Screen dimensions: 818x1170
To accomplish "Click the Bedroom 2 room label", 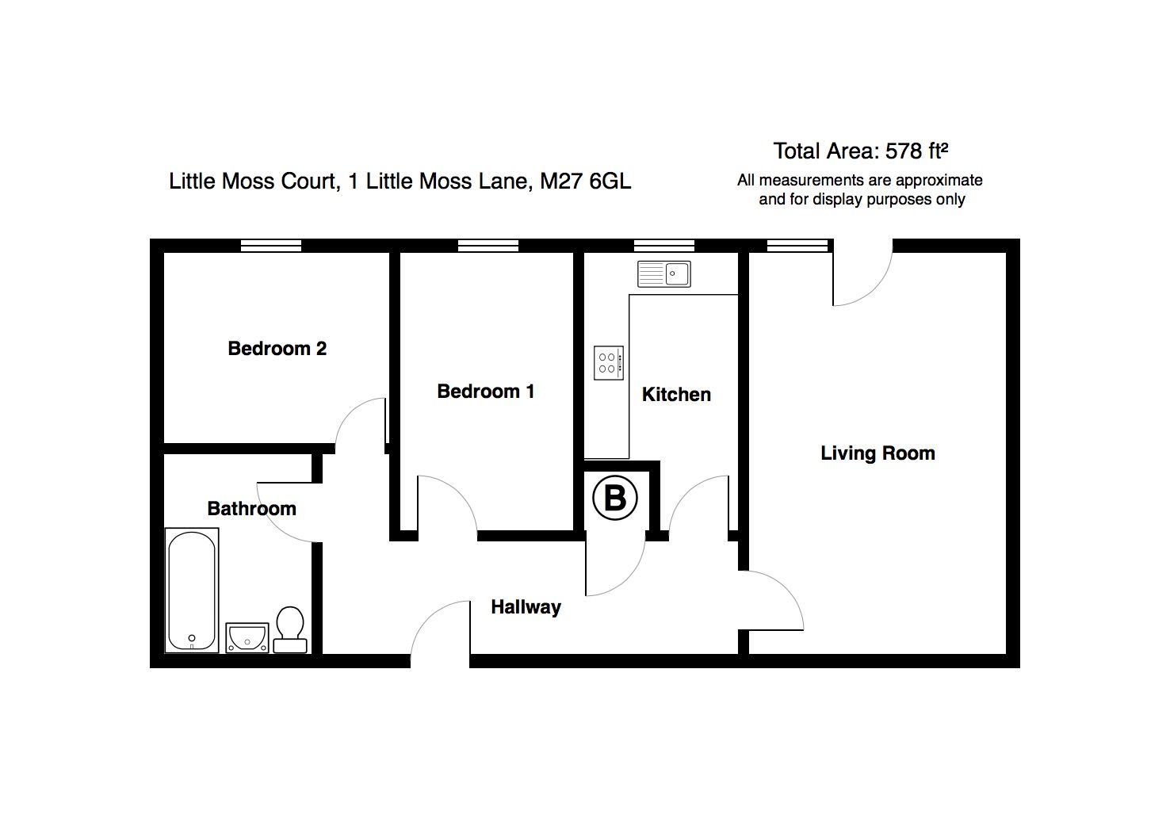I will click(x=277, y=348).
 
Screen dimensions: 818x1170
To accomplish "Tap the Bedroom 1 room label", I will click(x=485, y=391).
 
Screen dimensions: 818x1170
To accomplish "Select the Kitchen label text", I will click(x=675, y=394).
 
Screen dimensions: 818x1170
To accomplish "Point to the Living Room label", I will click(x=877, y=453).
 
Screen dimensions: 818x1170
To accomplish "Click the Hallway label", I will click(x=526, y=607).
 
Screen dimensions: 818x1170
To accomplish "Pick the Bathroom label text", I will click(x=251, y=509).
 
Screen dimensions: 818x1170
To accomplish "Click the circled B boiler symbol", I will click(x=615, y=499).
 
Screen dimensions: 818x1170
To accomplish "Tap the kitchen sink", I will click(x=664, y=274).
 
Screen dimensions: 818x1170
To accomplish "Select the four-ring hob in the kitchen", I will click(x=609, y=363).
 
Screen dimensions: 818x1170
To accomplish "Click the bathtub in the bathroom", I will click(x=192, y=591).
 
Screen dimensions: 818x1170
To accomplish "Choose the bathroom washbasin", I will click(x=247, y=636).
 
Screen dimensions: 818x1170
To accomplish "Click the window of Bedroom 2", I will click(x=271, y=246).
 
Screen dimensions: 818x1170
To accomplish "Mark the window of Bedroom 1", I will click(x=488, y=246).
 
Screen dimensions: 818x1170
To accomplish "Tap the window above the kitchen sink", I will click(x=664, y=246).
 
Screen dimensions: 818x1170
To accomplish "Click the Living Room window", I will click(x=797, y=246).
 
